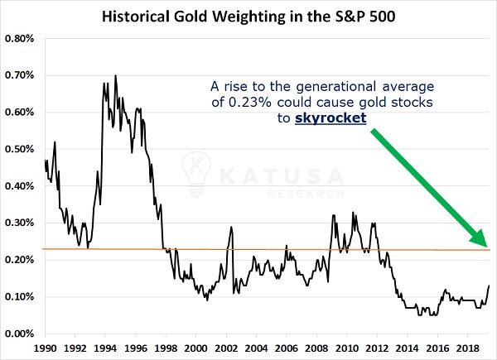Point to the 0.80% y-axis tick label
19,38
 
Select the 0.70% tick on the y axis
19,75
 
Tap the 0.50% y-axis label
19,149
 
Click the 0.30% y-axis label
19,223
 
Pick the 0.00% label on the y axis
19,334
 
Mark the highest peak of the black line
114,75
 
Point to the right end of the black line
490,286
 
